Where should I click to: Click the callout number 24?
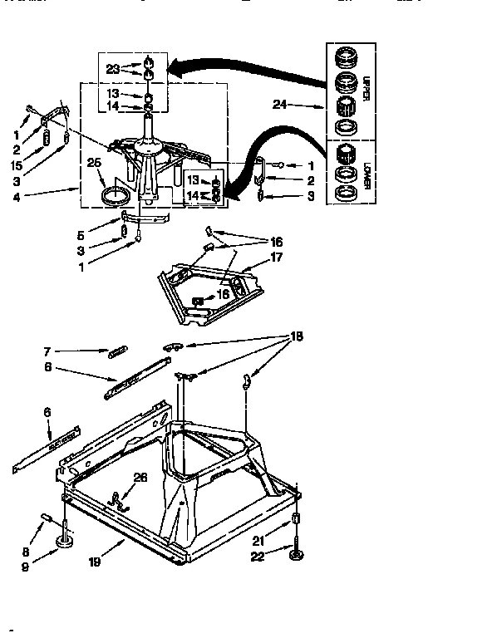279,105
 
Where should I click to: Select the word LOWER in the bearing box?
365,176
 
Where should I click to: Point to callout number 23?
113,69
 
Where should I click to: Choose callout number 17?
278,258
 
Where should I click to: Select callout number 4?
16,198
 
